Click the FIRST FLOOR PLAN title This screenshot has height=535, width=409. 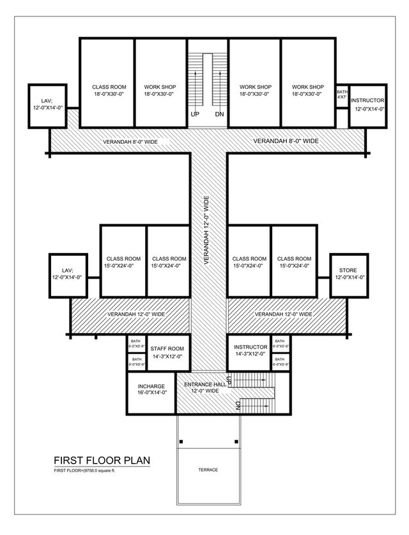tap(102, 460)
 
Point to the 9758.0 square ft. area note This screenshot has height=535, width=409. tap(86, 470)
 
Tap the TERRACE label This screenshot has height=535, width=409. tap(208, 470)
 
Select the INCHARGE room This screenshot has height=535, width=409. tap(152, 389)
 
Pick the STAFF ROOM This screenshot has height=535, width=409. tap(167, 352)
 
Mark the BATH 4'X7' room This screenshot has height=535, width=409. tap(342, 95)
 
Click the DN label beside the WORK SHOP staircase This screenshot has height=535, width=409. tap(219, 115)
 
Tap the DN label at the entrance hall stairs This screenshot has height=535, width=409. tap(238, 405)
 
